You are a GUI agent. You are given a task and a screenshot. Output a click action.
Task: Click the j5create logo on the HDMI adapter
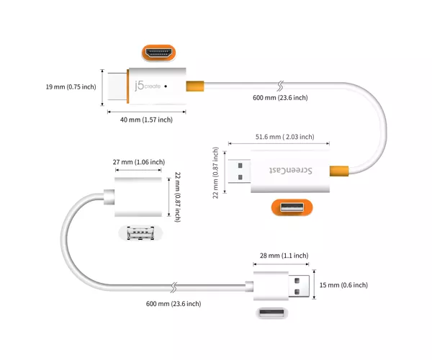(148, 86)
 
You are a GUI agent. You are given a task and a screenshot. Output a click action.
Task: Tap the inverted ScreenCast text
(291, 171)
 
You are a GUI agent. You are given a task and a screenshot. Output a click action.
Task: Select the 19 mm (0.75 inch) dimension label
(71, 87)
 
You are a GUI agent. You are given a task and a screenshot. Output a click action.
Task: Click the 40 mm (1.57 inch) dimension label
(146, 120)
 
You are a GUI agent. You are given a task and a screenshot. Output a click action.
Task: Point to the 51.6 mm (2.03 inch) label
(284, 137)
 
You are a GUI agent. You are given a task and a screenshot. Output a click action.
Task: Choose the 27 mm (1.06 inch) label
(139, 162)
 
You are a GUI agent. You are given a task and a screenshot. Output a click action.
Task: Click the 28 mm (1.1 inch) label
(284, 256)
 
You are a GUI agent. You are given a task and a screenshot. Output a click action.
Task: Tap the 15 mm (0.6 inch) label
(343, 285)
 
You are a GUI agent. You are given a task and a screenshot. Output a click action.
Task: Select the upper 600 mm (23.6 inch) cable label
(280, 98)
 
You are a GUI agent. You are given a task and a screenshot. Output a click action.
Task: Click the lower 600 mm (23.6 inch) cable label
(174, 304)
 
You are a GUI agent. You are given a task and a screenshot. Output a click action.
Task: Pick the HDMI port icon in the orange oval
(158, 53)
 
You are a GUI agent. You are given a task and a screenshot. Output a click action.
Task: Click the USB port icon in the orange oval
(292, 207)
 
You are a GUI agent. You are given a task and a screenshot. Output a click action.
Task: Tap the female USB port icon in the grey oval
(140, 233)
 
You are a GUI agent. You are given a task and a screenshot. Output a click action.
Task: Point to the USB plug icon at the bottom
(272, 313)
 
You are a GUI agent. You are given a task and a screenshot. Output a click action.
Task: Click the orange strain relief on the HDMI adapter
(195, 86)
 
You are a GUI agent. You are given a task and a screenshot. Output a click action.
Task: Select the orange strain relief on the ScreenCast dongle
(339, 171)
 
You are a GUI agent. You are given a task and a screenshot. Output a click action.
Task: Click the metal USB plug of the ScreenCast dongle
(240, 171)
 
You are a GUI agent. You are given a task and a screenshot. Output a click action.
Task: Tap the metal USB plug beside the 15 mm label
(299, 286)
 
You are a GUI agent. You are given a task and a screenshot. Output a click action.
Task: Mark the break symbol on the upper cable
(280, 86)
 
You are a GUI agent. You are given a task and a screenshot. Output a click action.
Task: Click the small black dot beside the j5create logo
(166, 86)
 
